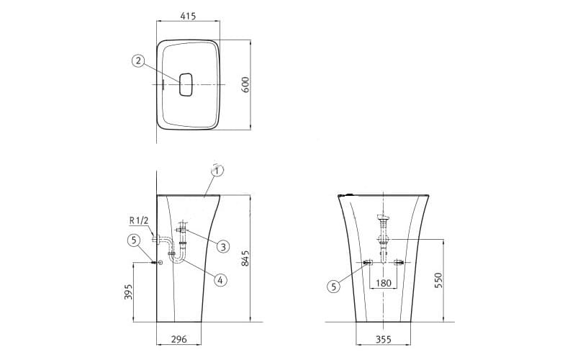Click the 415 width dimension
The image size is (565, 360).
coord(188,16)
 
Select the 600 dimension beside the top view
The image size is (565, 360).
coord(245,85)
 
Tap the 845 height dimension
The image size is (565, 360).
coord(245,258)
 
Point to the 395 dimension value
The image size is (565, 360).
coord(128,292)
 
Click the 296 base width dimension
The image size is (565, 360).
coord(178,339)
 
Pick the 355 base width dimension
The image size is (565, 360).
coord(383,339)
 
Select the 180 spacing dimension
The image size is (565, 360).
coord(383,283)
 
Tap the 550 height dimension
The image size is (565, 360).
coord(438,280)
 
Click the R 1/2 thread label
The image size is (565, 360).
coord(139,220)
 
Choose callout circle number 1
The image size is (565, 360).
coord(217,171)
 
